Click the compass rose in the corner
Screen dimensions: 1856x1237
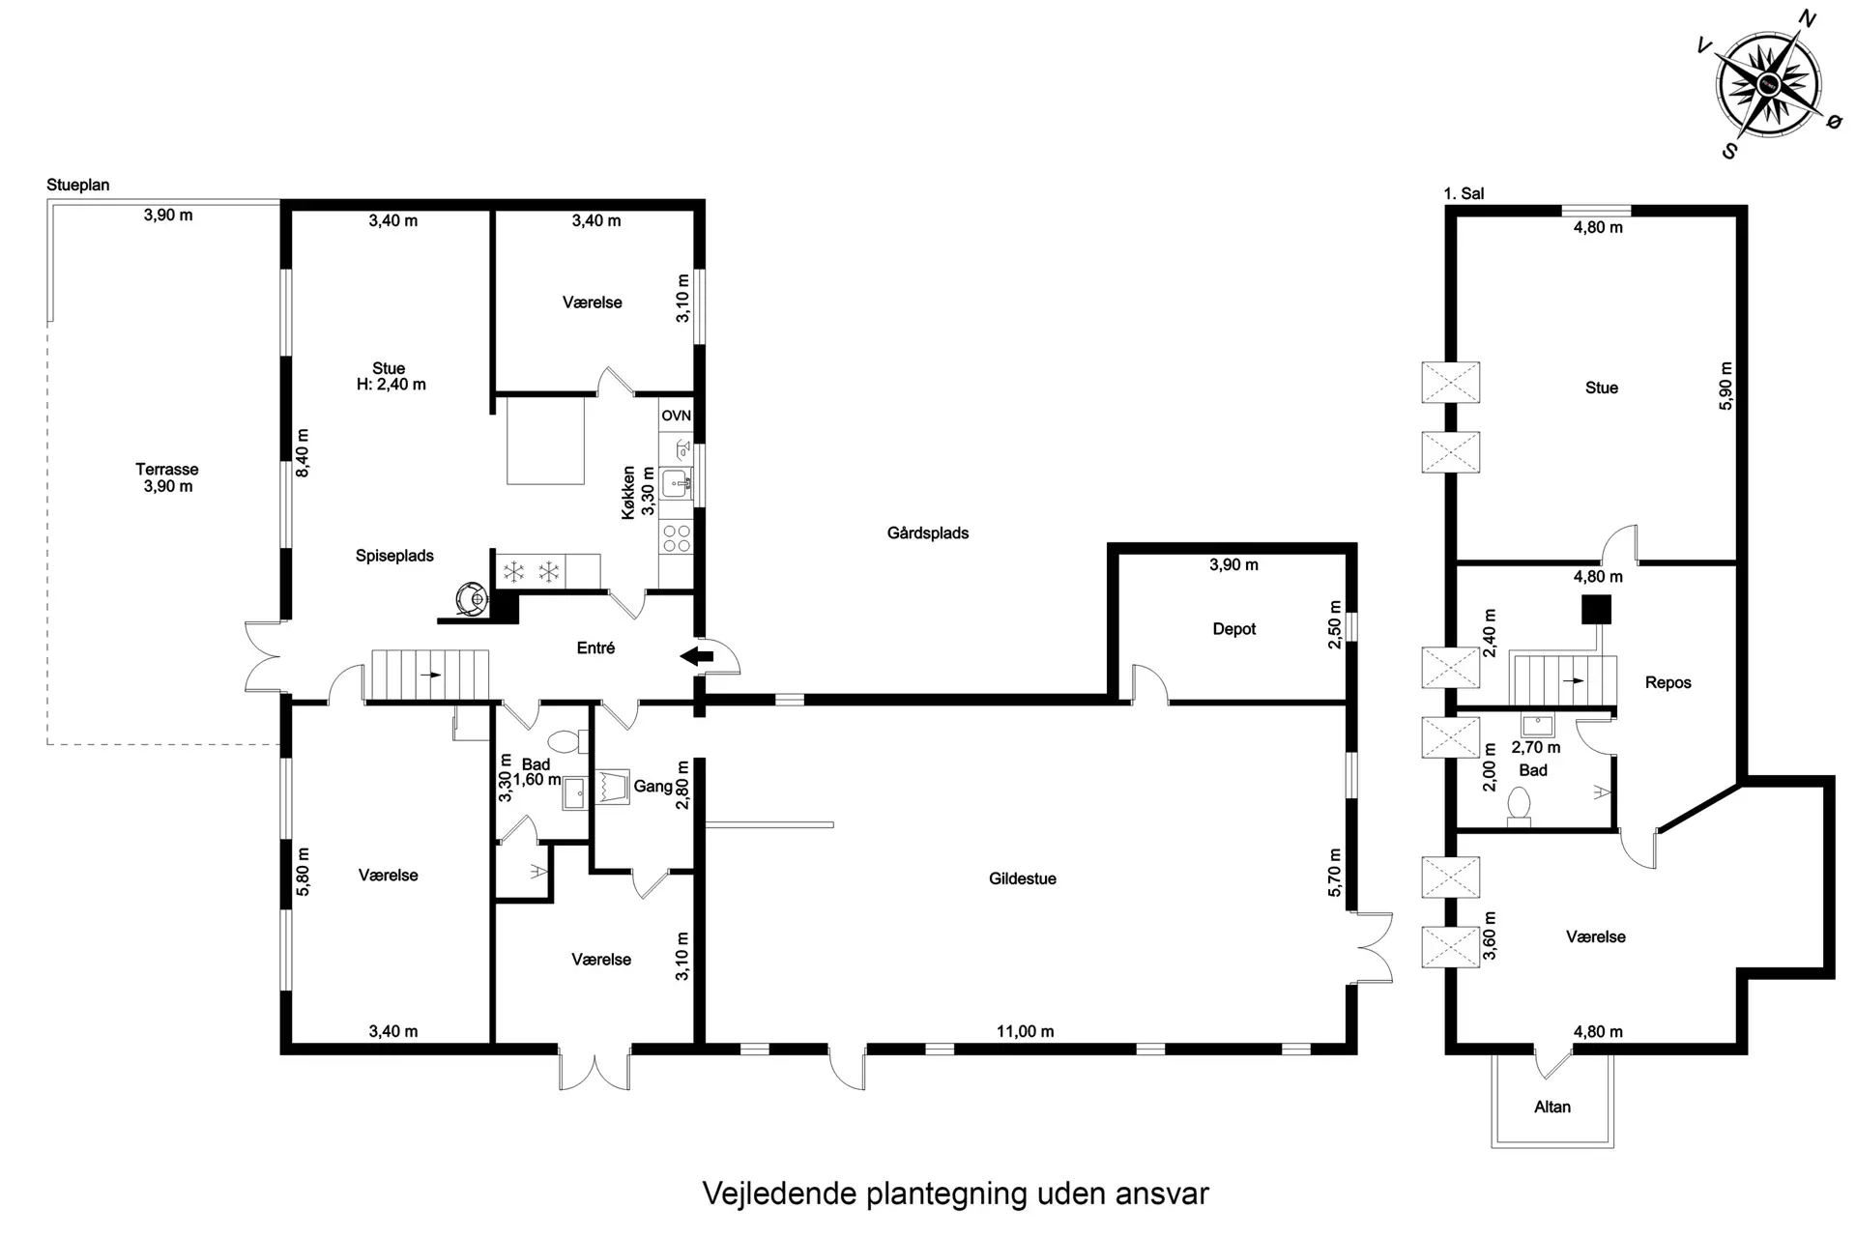pyautogui.click(x=1769, y=84)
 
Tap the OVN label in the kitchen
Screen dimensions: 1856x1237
pyautogui.click(x=677, y=416)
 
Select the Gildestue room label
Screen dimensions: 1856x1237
pyautogui.click(x=1023, y=878)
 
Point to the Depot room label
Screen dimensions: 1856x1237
pyautogui.click(x=1234, y=629)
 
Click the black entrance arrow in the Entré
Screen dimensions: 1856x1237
pyautogui.click(x=697, y=657)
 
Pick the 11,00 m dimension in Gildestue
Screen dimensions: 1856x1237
pyautogui.click(x=1026, y=1031)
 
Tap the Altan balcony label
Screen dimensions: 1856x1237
pyautogui.click(x=1552, y=1107)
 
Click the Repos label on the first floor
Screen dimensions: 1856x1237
pyautogui.click(x=1668, y=682)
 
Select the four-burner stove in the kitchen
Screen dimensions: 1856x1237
pyautogui.click(x=677, y=538)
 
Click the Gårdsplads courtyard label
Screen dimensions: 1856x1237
pyautogui.click(x=928, y=532)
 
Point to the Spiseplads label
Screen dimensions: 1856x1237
pyautogui.click(x=394, y=556)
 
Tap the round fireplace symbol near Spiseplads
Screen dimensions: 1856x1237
pyautogui.click(x=472, y=598)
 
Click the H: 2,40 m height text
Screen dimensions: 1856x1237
pyautogui.click(x=391, y=385)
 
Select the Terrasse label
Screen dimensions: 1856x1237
pyautogui.click(x=167, y=470)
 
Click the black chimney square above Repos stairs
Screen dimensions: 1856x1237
pyautogui.click(x=1596, y=609)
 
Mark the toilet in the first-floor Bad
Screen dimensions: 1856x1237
pyautogui.click(x=1520, y=807)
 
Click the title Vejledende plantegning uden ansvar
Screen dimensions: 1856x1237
pyautogui.click(x=955, y=1193)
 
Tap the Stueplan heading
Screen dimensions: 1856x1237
pyautogui.click(x=78, y=185)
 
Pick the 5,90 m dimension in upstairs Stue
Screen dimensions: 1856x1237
pyautogui.click(x=1726, y=386)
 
